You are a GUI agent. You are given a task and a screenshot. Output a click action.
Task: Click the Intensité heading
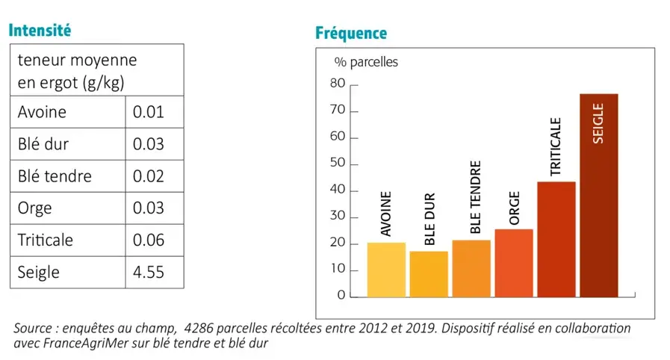coord(39,31)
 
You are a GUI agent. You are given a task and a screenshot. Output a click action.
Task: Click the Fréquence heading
coord(351,34)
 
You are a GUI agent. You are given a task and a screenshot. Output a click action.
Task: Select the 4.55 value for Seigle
coord(148,272)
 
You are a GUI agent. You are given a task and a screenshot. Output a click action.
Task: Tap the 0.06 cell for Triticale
coord(148,240)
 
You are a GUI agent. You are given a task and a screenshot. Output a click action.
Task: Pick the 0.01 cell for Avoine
coord(148,112)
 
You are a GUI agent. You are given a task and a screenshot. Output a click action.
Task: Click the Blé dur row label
coord(43,144)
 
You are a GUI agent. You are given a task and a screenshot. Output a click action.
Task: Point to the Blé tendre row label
coord(55,176)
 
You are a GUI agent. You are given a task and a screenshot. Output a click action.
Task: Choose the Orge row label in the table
coord(35,208)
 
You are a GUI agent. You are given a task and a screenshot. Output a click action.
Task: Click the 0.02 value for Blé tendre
coord(148,176)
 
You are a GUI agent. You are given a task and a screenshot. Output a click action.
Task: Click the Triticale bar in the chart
coord(556,239)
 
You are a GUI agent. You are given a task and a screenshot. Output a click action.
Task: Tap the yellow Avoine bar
coord(386,270)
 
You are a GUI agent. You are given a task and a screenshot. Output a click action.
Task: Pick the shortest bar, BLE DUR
coord(429,274)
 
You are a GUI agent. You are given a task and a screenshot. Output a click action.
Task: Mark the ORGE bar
coord(513,263)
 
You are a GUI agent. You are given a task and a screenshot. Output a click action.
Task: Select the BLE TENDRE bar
coord(471,268)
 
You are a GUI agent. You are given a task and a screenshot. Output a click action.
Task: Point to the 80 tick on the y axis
coord(338,84)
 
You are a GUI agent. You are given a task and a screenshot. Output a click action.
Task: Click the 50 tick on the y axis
coord(338,164)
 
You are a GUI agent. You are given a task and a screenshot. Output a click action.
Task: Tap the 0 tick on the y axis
coord(341,295)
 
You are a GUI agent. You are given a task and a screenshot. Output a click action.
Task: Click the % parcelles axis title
coord(366,62)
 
